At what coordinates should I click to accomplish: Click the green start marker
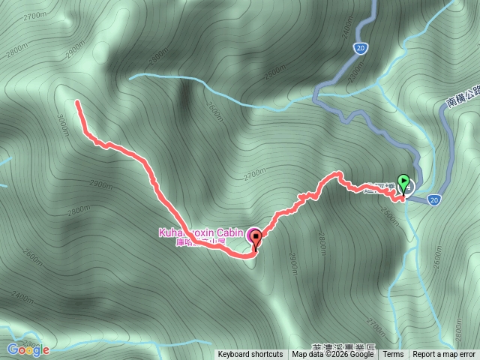(404, 182)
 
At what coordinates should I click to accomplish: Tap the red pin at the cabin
(256, 240)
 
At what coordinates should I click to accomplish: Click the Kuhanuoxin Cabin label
(202, 233)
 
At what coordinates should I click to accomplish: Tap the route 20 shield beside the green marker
(435, 199)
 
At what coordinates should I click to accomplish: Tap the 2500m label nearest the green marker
(388, 214)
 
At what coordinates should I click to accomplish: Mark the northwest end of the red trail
(77, 103)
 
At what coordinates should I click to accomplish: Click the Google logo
(28, 349)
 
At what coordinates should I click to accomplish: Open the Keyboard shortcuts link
(250, 355)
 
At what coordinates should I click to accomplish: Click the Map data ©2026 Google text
(333, 355)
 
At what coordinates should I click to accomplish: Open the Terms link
(393, 355)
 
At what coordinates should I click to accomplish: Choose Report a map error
(445, 355)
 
